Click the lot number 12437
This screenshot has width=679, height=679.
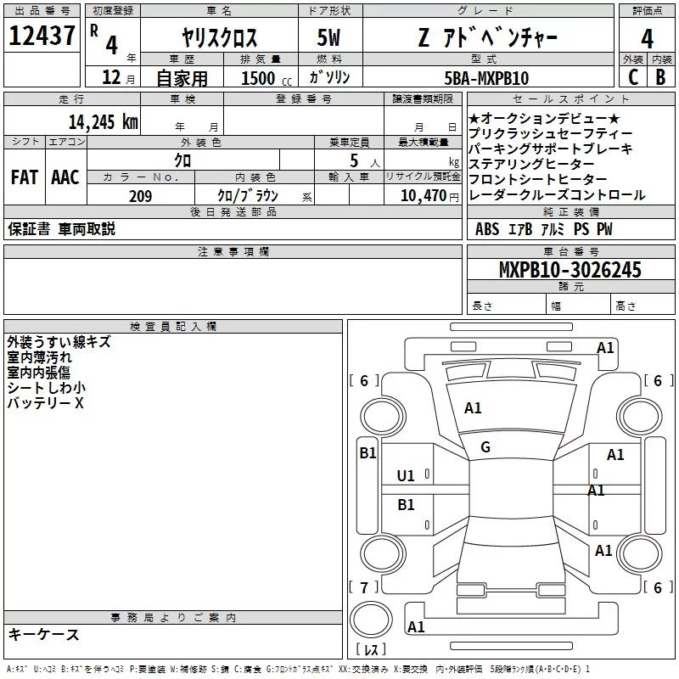coord(42,36)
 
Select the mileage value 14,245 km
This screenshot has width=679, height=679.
coord(106,121)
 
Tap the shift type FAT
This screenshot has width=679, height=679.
coord(24,177)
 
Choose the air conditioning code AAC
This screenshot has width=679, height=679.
coord(65,177)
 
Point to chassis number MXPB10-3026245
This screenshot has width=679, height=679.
coord(570,271)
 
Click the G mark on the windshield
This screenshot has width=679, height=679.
coord(485,447)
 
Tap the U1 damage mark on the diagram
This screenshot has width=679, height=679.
coord(407,475)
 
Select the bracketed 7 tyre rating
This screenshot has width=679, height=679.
coord(364,587)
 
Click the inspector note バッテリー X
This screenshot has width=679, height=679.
coord(46,403)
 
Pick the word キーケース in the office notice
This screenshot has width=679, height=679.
coord(44,635)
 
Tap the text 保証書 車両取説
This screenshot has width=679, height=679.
coord(61,229)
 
